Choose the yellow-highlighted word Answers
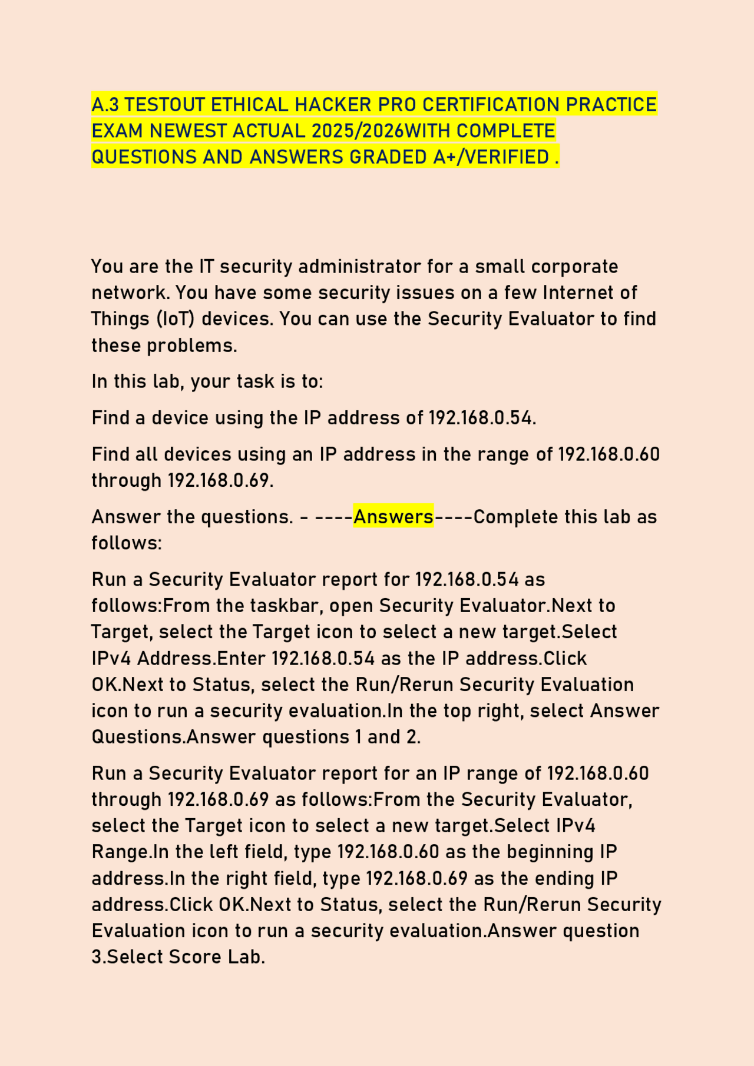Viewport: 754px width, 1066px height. click(x=393, y=517)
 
